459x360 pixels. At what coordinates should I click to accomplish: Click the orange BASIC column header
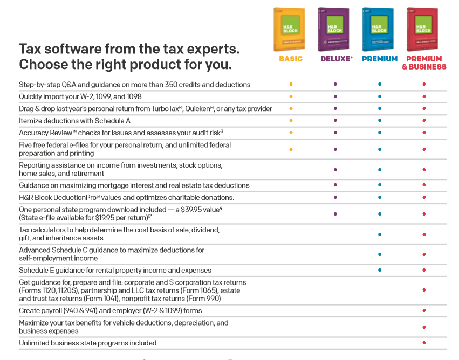coord(291,59)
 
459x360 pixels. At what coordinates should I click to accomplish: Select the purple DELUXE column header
coord(335,59)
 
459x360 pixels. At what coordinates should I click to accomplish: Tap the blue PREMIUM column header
coord(380,59)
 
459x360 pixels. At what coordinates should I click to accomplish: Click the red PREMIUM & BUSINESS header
coord(424,63)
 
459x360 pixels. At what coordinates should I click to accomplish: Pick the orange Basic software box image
coord(289,30)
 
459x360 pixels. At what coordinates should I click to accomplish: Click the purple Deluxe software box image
coord(333,30)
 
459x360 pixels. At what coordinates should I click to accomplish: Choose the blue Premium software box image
coord(377,30)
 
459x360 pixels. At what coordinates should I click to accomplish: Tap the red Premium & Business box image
coord(422,30)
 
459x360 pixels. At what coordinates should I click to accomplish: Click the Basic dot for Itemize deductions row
coord(291,121)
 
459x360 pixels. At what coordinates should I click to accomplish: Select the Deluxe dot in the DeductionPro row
coord(335,197)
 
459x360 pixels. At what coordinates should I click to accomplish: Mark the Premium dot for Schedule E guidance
coord(380,270)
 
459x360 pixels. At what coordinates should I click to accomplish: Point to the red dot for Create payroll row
coord(424,311)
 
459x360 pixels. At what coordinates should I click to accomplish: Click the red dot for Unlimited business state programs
coord(424,343)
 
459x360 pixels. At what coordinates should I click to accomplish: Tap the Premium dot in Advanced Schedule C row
coord(380,254)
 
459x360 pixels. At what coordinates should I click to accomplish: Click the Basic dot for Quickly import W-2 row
coord(291,96)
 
